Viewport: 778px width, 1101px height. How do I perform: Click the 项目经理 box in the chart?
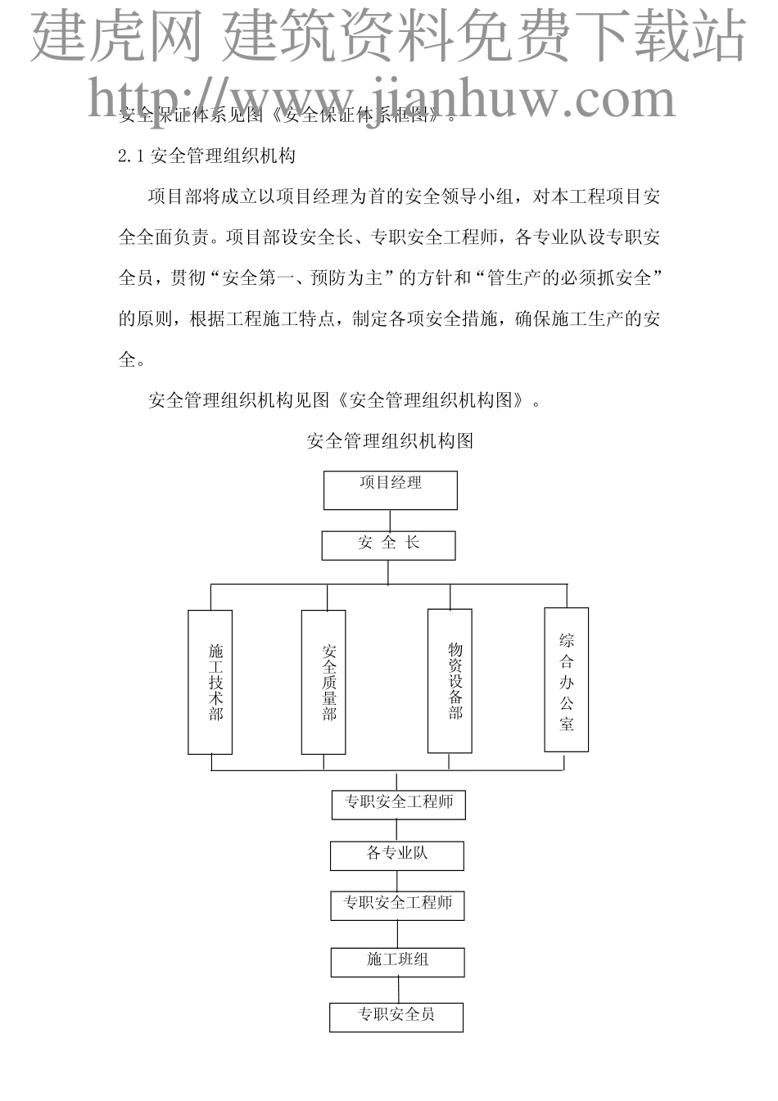click(x=390, y=490)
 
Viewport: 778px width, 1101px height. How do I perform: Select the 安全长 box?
click(x=388, y=545)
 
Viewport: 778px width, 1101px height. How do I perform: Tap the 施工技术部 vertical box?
click(x=210, y=681)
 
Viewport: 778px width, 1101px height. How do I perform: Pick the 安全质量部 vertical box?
click(x=323, y=681)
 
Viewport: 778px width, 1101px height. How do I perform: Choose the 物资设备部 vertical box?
click(x=450, y=680)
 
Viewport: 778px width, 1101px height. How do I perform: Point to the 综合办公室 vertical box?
click(x=566, y=679)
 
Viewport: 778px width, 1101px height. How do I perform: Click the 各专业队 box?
click(x=397, y=855)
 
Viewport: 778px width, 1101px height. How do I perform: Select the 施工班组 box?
click(x=397, y=961)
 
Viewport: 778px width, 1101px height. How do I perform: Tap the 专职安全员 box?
click(x=396, y=1017)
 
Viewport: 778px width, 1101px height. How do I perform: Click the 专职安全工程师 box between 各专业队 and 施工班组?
click(x=397, y=905)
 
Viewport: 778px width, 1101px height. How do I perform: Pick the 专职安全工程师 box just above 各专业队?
click(x=398, y=804)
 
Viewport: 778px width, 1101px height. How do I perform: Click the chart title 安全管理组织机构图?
click(x=390, y=441)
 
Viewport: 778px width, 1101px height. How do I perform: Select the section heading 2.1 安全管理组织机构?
click(x=206, y=156)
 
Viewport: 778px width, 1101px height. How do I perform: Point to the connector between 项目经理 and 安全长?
click(x=390, y=521)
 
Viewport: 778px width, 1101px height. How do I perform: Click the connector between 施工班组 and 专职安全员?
click(x=398, y=990)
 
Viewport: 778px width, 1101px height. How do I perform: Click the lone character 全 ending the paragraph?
click(x=127, y=359)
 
